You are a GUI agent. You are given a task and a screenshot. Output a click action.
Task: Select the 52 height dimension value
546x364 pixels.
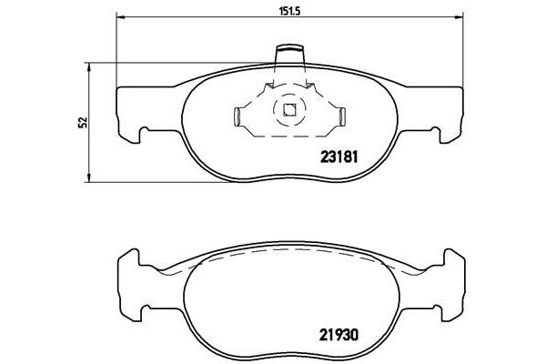(x=81, y=121)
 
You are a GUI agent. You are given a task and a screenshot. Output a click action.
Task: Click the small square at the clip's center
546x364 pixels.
(x=289, y=113)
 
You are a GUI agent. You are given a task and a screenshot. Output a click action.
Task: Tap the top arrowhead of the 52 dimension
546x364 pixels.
(x=88, y=66)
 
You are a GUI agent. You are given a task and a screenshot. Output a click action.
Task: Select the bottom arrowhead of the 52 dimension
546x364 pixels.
(x=88, y=174)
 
